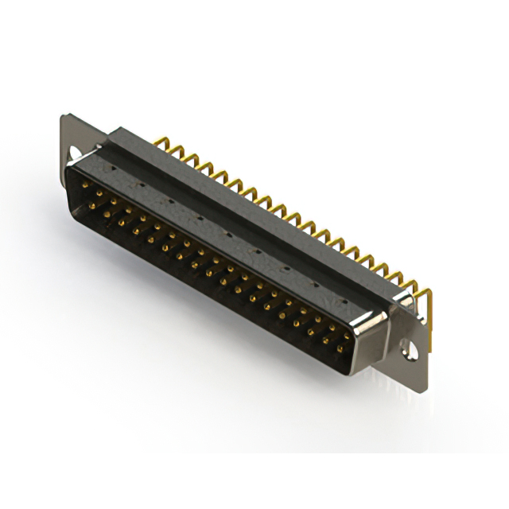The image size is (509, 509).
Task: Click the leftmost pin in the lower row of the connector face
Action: pos(92,205)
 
